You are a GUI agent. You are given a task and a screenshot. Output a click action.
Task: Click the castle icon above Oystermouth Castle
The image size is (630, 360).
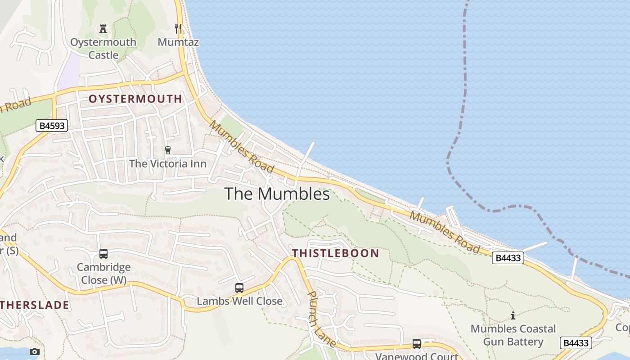[x=103, y=29]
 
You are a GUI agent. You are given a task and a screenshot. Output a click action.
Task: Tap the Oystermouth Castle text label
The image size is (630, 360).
[x=103, y=49]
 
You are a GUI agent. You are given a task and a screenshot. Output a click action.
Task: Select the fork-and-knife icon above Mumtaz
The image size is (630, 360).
[x=179, y=29]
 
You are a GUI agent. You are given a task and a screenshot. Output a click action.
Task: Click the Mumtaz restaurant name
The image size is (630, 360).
[x=178, y=42]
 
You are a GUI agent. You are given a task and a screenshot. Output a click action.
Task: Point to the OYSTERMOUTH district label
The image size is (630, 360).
[x=135, y=99]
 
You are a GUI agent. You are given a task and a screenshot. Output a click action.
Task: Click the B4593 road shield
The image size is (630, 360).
[x=52, y=126]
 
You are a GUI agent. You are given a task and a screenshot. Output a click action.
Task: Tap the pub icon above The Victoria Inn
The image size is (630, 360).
[x=168, y=150]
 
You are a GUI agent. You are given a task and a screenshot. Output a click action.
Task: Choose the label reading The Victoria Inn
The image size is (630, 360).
[x=168, y=163]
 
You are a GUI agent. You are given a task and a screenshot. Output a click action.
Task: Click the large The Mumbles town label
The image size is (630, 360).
[x=277, y=194]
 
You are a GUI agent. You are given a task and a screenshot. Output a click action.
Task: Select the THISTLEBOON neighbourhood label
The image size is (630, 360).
[x=336, y=253]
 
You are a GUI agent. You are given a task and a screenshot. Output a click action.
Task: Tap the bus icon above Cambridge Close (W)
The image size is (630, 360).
[x=103, y=254]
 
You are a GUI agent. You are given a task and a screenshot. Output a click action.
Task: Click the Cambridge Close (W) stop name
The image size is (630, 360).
[x=103, y=273]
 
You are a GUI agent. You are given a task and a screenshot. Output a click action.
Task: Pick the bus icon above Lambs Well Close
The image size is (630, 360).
[x=239, y=288]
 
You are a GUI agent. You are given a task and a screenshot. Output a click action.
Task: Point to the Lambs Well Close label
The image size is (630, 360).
[x=240, y=301]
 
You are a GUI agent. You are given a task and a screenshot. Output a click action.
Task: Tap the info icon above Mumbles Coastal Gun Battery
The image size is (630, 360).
[x=513, y=315]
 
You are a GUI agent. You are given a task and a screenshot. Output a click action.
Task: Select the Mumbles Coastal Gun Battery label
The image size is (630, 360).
[x=513, y=335]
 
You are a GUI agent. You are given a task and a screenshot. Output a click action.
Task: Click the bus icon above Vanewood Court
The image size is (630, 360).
[x=417, y=344]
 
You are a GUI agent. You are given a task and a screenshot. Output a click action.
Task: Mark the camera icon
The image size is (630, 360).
[x=35, y=351]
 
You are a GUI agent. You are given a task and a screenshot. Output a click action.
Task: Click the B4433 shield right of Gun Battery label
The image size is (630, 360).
[x=576, y=343]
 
